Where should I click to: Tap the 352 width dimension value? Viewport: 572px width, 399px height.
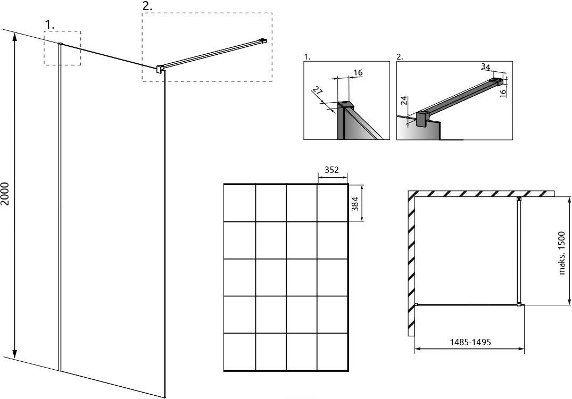point(331,170)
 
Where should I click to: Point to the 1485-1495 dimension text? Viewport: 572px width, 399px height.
point(470,342)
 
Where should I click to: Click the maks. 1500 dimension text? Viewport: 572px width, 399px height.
point(561,252)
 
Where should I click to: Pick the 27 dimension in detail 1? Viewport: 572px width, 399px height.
point(318,91)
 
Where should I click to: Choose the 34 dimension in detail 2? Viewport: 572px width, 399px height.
point(486,67)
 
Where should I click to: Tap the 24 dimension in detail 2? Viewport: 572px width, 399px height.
point(403,101)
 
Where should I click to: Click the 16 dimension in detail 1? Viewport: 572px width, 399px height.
point(358,72)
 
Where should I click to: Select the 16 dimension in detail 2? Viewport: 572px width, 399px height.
point(503,92)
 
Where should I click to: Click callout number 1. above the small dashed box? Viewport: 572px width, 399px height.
point(49,25)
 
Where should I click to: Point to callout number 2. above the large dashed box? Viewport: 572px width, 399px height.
point(148,7)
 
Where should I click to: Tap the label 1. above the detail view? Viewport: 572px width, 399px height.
point(307,57)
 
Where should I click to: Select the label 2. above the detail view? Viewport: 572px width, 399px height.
point(400,57)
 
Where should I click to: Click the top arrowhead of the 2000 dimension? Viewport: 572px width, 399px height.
point(14,38)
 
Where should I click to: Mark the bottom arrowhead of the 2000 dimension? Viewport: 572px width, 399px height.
point(14,353)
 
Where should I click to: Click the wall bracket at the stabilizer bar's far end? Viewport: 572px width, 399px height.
point(263,40)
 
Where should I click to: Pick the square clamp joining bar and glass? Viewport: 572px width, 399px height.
point(160,69)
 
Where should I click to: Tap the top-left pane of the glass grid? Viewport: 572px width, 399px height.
point(239,203)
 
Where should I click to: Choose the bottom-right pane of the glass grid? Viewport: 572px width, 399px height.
point(333,352)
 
